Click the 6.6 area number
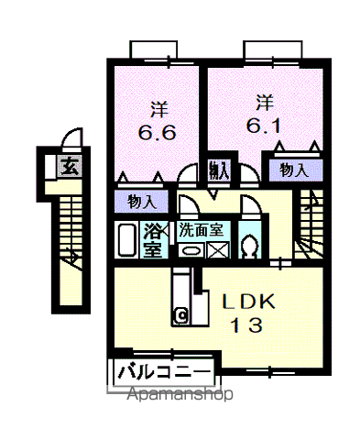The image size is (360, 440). tap(158, 132)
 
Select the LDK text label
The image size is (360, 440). tap(244, 300)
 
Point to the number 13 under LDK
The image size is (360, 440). tap(245, 324)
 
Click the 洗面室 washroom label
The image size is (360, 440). tap(204, 228)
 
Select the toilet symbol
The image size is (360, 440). tap(249, 243)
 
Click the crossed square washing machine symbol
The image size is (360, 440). tap(219, 248)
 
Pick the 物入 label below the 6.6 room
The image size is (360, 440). tap(141, 200)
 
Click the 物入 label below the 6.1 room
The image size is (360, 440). tap(293, 170)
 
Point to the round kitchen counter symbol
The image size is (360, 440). tap(181, 315)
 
